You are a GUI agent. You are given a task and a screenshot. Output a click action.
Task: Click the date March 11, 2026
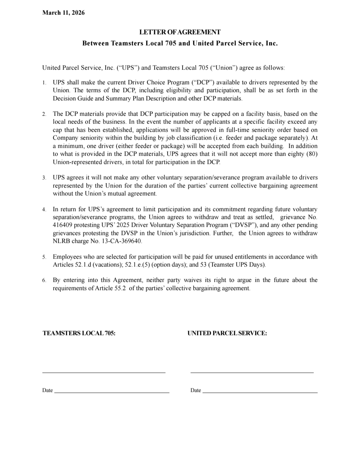point(64,13)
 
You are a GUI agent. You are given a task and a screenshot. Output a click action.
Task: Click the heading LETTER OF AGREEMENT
point(180,32)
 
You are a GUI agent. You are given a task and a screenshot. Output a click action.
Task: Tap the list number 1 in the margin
point(44,83)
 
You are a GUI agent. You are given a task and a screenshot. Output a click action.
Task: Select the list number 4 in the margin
point(44,210)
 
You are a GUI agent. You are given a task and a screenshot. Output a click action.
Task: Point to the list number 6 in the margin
point(44,280)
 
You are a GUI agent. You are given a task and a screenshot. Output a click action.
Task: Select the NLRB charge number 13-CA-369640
point(121,241)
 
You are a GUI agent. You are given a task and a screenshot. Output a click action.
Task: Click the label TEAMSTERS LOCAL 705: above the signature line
point(79,333)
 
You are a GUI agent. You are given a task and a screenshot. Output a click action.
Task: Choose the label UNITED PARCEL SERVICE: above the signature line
point(227,333)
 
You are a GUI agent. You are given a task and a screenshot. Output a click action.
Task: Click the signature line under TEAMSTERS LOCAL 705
point(104,373)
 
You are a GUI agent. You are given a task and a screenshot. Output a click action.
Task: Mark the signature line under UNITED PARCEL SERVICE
point(252,373)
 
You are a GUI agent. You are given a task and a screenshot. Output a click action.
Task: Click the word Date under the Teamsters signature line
point(47,390)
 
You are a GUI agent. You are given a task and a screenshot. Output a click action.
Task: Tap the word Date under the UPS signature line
point(196,390)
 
